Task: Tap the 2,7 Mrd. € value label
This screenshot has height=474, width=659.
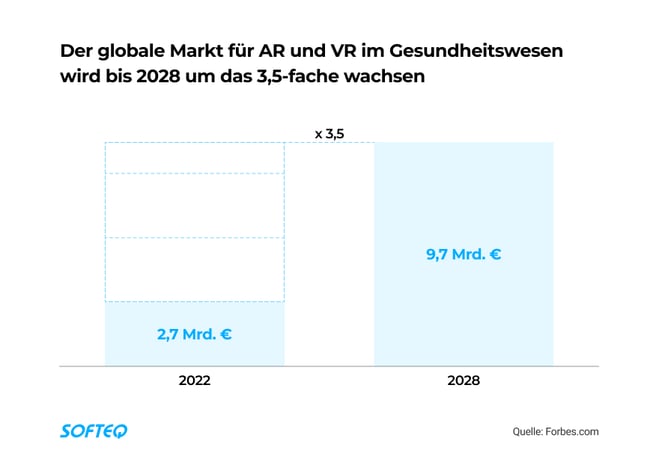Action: [195, 334]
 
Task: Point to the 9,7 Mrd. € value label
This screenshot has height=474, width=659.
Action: [463, 254]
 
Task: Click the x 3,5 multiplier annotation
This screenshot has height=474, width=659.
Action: [329, 132]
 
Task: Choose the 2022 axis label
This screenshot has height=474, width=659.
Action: [195, 381]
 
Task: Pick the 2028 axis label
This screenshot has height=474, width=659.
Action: [463, 381]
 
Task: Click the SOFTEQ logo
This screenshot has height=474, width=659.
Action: [94, 431]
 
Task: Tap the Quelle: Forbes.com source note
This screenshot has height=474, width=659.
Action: [557, 432]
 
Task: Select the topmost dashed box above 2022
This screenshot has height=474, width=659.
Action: [195, 158]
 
